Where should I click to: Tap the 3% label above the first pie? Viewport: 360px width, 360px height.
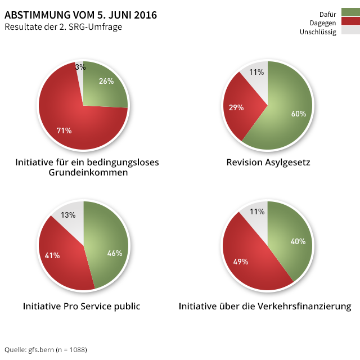pyautogui.click(x=80, y=67)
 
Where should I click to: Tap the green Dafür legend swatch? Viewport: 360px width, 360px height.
pyautogui.click(x=350, y=12)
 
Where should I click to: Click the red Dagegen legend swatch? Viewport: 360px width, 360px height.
pyautogui.click(x=350, y=21)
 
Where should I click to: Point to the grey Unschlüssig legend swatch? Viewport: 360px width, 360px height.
pyautogui.click(x=350, y=30)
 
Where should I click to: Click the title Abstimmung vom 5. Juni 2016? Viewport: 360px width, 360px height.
pyautogui.click(x=81, y=14)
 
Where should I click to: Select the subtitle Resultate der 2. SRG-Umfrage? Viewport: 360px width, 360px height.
pyautogui.click(x=63, y=26)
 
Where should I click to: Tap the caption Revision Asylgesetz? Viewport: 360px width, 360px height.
pyautogui.click(x=268, y=163)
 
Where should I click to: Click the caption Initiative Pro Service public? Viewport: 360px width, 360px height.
pyautogui.click(x=82, y=307)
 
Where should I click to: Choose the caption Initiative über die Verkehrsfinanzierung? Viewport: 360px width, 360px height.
pyautogui.click(x=265, y=307)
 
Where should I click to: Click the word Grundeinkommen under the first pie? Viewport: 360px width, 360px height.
pyautogui.click(x=87, y=173)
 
